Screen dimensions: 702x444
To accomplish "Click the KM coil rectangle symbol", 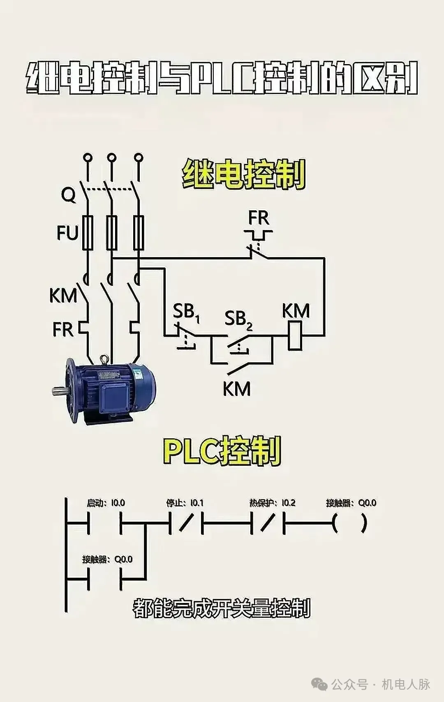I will pyautogui.click(x=295, y=335).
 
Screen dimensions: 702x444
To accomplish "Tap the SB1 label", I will pyautogui.click(x=186, y=312).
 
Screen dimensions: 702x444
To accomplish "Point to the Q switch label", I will pyautogui.click(x=69, y=194).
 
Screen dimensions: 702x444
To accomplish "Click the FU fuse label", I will pyautogui.click(x=67, y=233).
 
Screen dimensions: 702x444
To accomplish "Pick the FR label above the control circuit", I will pyautogui.click(x=259, y=218).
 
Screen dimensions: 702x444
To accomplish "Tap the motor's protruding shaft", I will pyautogui.click(x=60, y=391).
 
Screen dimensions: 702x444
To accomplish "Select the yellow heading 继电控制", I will pyautogui.click(x=244, y=174).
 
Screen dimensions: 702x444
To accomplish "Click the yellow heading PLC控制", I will pyautogui.click(x=222, y=451).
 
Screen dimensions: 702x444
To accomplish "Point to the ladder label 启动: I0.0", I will pyautogui.click(x=106, y=503).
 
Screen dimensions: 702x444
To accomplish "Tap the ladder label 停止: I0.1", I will pyautogui.click(x=185, y=503).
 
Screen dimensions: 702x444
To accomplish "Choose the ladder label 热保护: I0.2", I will pyautogui.click(x=272, y=503).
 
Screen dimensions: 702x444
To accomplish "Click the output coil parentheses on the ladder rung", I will pyautogui.click(x=349, y=523).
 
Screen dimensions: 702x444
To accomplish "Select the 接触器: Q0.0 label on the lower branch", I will pyautogui.click(x=107, y=559).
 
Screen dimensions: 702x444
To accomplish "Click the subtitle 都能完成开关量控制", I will pyautogui.click(x=222, y=608).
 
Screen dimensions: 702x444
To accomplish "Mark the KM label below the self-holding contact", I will pyautogui.click(x=236, y=389).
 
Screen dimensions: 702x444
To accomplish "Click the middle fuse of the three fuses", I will pyautogui.click(x=112, y=232).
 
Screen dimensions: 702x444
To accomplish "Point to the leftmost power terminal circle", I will pyautogui.click(x=87, y=157).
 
